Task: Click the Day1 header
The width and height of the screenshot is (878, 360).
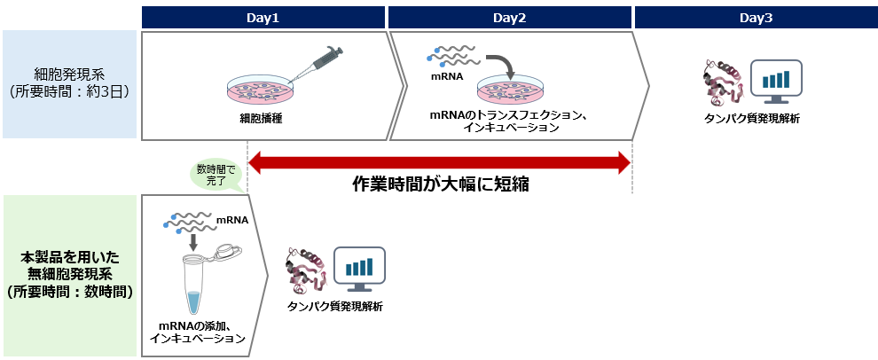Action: click(x=263, y=17)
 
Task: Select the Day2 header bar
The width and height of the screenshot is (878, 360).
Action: click(x=509, y=17)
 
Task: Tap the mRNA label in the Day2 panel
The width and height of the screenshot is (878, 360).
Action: click(x=447, y=76)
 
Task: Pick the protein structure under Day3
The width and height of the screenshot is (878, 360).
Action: click(x=719, y=82)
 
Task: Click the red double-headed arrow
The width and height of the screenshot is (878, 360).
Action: click(x=440, y=161)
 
